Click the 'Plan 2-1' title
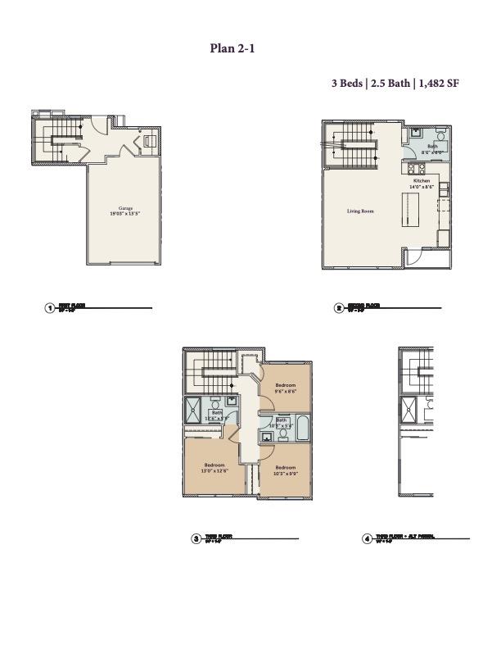(233, 48)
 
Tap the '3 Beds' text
(346, 84)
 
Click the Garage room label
(125, 208)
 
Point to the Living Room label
(360, 211)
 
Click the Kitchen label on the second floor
(422, 180)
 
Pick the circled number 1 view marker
(50, 308)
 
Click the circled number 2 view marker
(339, 308)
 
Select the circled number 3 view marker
(196, 538)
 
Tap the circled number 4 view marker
(367, 538)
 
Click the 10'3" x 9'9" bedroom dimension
(285, 473)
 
